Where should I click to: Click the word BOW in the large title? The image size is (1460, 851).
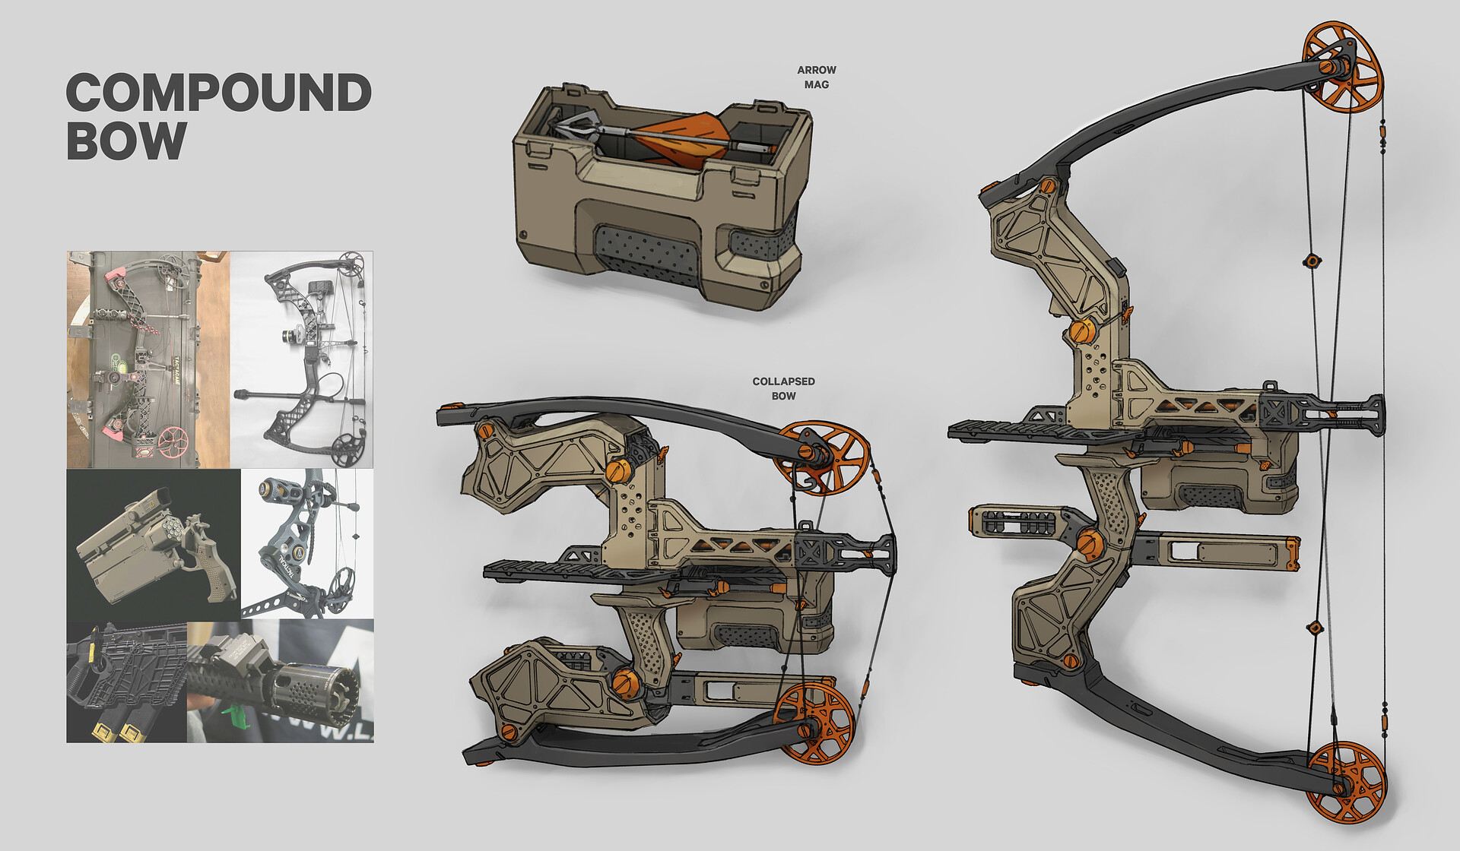(x=126, y=141)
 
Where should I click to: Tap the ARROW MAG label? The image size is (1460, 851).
(x=817, y=77)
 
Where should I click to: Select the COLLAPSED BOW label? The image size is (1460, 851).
(x=783, y=388)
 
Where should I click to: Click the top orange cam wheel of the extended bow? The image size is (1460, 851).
(x=1343, y=67)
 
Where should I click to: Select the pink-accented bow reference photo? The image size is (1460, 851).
(x=148, y=359)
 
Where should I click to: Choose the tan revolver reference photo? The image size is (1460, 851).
(x=154, y=544)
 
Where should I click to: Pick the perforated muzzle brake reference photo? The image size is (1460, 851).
(x=281, y=681)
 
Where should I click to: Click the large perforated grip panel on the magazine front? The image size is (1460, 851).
(x=646, y=250)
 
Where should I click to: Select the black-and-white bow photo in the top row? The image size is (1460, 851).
(x=302, y=359)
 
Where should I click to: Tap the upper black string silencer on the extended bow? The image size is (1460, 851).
(x=1311, y=261)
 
